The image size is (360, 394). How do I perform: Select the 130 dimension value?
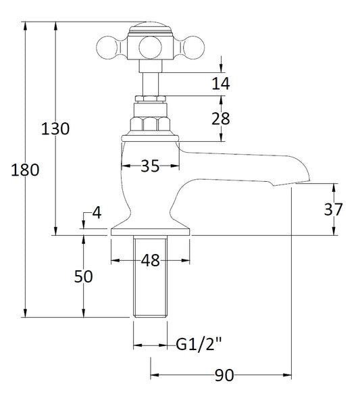point(55,128)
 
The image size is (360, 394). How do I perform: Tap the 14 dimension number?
point(221,83)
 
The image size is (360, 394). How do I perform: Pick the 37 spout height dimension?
point(334,209)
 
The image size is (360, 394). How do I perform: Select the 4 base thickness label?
point(97,213)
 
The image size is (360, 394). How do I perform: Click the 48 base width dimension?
point(151,260)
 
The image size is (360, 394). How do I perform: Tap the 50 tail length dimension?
point(82,277)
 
